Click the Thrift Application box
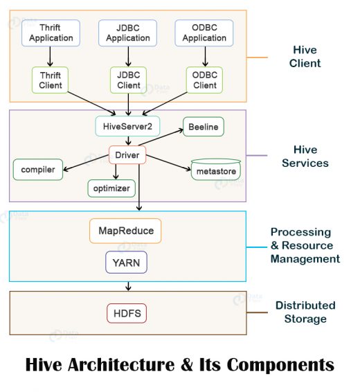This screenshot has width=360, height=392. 51,33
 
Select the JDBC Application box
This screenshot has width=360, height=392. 128,33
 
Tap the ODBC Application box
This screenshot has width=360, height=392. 204,33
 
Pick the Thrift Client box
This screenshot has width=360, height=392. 51,80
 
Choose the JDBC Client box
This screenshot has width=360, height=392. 128,80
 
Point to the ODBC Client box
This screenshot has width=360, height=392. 204,80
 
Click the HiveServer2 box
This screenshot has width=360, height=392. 127,127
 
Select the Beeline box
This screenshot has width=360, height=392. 204,127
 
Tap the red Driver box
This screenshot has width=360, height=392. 127,155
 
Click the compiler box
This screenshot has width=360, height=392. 38,168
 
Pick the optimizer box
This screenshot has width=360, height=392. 111,188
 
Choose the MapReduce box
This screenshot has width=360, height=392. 125,231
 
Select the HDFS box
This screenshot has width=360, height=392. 126,313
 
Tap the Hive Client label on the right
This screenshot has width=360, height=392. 305,56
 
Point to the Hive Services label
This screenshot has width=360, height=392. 305,157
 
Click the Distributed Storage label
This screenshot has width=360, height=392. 305,312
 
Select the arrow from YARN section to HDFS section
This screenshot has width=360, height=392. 127,286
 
